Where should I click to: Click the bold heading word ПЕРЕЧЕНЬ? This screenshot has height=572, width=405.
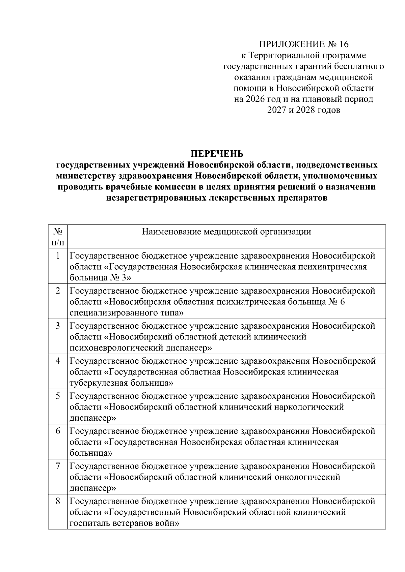click(217, 154)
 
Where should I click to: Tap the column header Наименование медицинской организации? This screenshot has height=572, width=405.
click(226, 232)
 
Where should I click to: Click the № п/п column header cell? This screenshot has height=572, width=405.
click(58, 237)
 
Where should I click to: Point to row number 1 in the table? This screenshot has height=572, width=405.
click(58, 256)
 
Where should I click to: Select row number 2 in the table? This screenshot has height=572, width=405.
click(58, 291)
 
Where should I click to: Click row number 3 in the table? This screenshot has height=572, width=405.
click(58, 326)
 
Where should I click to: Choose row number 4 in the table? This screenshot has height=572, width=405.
click(58, 361)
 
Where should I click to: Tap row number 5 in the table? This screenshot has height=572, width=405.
click(58, 396)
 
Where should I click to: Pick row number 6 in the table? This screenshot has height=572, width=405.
click(58, 431)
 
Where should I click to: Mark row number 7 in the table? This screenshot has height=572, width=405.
click(58, 466)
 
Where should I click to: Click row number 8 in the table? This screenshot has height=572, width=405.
click(58, 501)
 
